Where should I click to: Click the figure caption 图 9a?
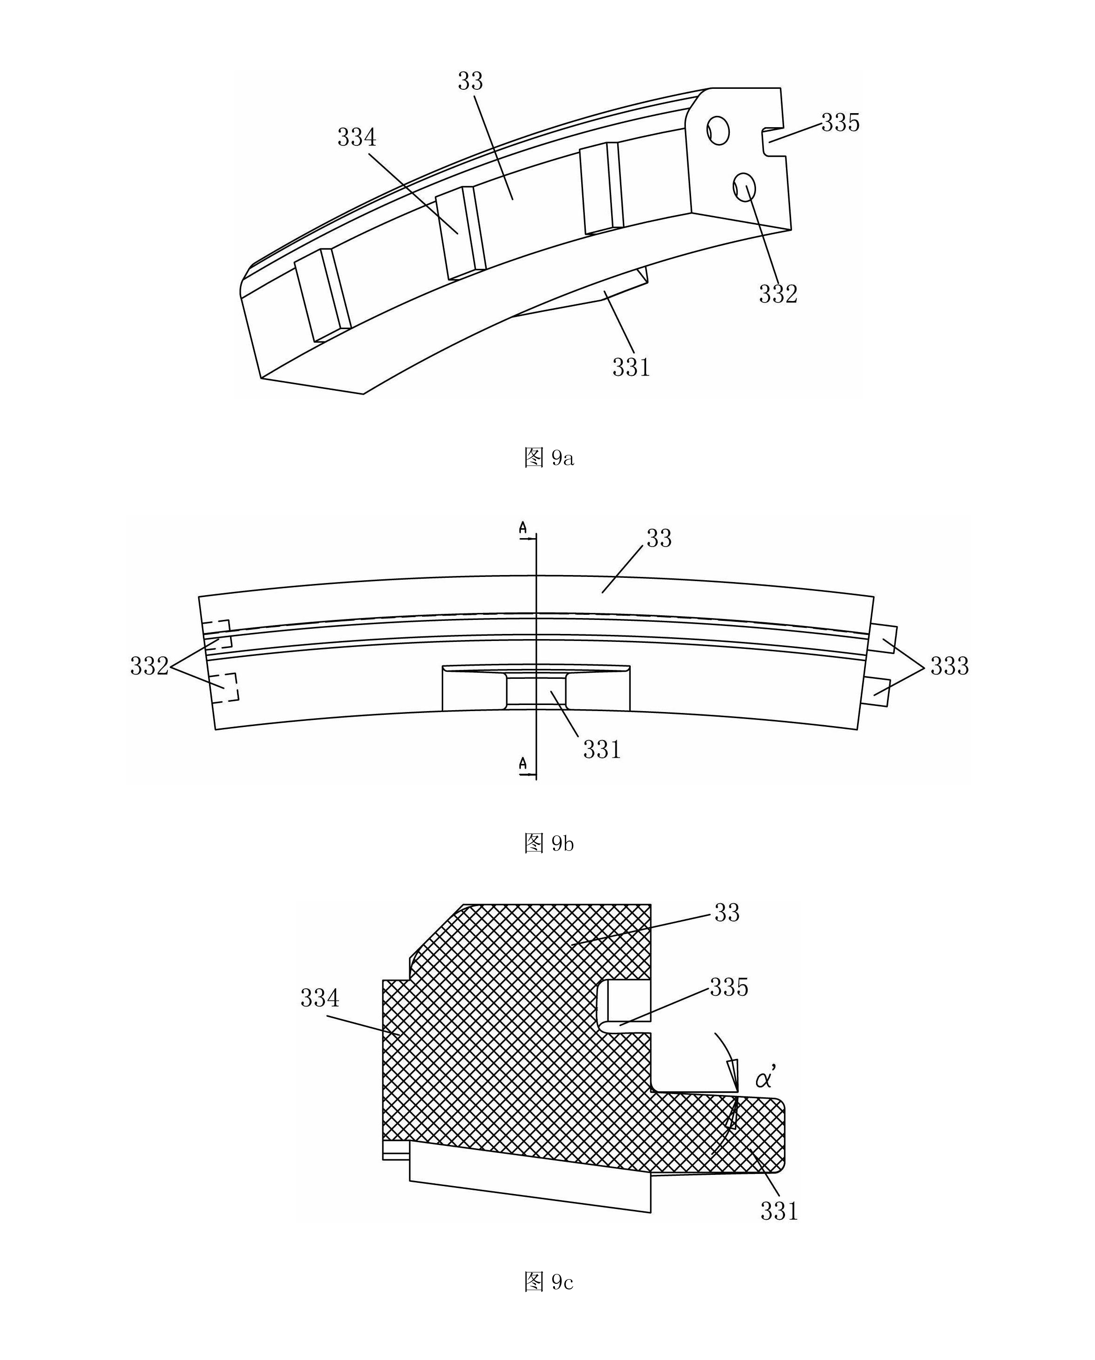coord(549,457)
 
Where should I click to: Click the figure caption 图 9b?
coord(549,843)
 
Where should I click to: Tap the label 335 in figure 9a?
coord(840,122)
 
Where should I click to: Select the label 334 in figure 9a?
coord(357,137)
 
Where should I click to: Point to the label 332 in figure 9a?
coord(778,294)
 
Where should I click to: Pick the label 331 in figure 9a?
coord(631,367)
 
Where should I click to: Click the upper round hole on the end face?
coord(718,130)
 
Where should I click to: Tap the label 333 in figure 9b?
coord(949,666)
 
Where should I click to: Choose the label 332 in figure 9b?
coord(150,666)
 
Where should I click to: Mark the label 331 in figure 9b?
coord(602,749)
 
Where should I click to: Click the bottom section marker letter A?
coord(523,764)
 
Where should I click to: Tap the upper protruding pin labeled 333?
coord(882,639)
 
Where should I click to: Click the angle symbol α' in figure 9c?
coord(766,1078)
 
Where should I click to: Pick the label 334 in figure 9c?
coord(320,998)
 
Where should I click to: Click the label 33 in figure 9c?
coord(727,913)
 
